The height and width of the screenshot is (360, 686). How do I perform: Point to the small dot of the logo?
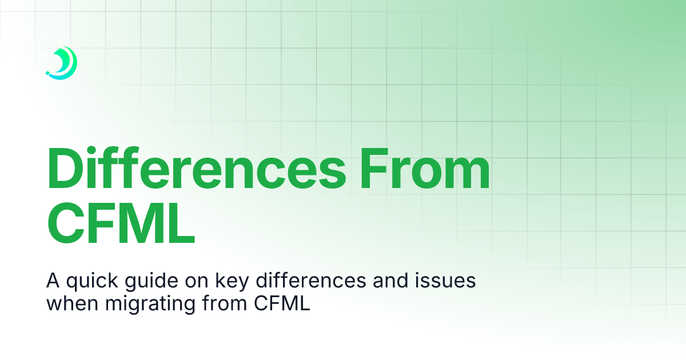[x=47, y=74]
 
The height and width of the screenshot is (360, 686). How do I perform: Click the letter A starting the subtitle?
[x=52, y=282]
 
